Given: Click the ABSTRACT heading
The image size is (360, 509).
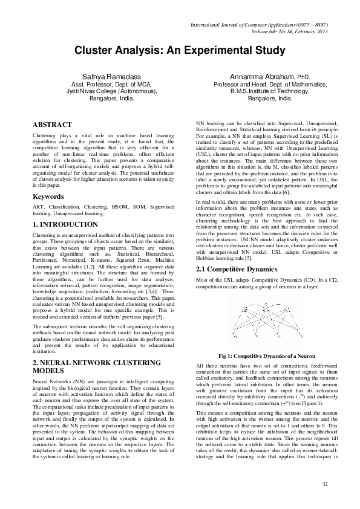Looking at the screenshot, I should (54, 124).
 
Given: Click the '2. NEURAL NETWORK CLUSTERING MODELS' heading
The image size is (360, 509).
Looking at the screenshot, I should (97, 366).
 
